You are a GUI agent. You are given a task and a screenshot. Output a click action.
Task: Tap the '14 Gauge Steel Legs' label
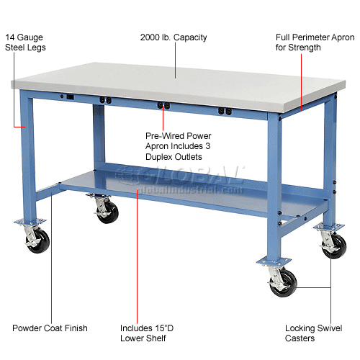(27, 41)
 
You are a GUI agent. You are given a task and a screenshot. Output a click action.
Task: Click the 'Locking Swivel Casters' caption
(312, 333)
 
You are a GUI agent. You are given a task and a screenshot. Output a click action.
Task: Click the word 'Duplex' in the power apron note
(158, 156)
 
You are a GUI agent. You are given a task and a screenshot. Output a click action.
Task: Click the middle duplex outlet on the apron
(165, 106)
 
